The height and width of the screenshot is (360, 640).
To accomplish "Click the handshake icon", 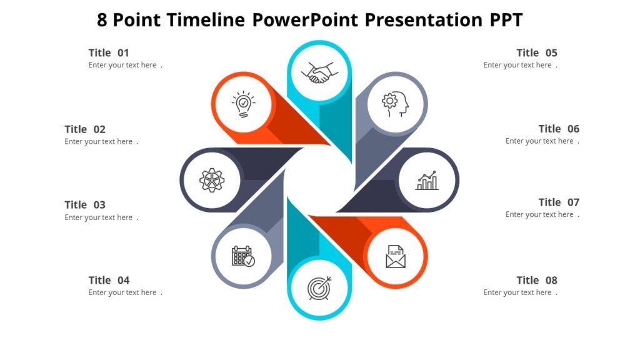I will pos(319,72).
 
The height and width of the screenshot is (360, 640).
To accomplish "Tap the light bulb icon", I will pos(243,104).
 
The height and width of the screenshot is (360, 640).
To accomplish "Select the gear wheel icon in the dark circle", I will pos(211,181).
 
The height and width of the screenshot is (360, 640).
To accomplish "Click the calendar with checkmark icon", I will pos(242,256).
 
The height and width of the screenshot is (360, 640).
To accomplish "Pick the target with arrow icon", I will pos(319,287).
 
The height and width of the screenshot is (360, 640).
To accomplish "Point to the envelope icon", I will pos(396,256).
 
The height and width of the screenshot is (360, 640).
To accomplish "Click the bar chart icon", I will pos(427,181).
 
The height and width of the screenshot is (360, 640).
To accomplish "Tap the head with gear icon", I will pos(396,104).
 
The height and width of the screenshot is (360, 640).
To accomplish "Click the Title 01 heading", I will pos(109,53).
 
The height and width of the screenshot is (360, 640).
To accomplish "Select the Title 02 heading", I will pos(85,129).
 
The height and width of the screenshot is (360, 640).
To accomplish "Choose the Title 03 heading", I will pos(85,205).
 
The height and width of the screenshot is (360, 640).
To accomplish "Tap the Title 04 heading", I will pos(109,281).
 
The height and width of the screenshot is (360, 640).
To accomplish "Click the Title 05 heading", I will pos(536,53).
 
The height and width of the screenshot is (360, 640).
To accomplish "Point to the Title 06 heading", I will pos(559,129).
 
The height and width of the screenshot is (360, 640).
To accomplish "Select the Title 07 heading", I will pos(559,202).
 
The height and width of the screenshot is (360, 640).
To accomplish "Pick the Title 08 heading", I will pos(536,281).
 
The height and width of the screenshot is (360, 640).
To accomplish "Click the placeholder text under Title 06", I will pos(541,141).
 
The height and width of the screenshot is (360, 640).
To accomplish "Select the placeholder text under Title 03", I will pos(100,217).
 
